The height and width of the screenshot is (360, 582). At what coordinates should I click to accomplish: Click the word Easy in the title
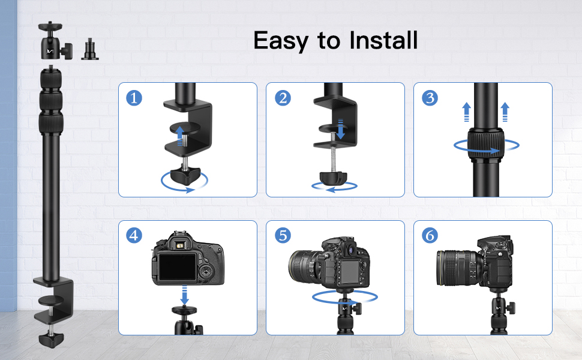point(281,41)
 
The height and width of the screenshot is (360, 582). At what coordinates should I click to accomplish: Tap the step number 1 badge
point(134,98)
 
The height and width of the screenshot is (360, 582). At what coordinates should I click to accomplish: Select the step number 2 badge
point(283,98)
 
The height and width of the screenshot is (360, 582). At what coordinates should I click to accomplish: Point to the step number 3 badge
point(430,98)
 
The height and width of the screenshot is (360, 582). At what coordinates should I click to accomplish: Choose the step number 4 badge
point(134,235)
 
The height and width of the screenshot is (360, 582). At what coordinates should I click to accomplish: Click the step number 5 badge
point(283,235)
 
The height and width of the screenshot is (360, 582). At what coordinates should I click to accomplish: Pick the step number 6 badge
point(430,235)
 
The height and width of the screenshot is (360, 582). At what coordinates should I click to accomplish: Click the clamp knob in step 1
point(185,176)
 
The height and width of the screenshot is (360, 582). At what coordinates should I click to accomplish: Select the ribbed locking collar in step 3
point(485,145)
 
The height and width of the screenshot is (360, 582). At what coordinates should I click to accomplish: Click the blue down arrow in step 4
point(184,295)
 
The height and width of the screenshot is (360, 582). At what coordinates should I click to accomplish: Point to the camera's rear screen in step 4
point(178,267)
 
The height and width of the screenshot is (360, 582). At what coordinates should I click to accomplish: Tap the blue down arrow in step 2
point(341,129)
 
